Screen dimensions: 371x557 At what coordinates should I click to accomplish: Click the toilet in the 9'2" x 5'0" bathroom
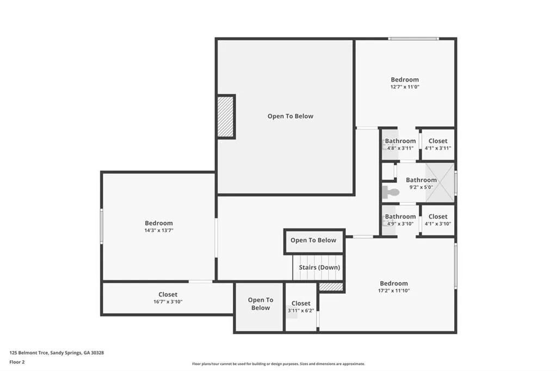[391, 191]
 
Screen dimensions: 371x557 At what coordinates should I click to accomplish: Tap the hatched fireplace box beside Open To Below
[226, 116]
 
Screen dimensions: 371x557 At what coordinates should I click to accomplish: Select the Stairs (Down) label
[319, 267]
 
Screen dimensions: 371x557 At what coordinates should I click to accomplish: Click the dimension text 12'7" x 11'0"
[405, 86]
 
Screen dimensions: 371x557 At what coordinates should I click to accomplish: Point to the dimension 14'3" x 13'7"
[158, 230]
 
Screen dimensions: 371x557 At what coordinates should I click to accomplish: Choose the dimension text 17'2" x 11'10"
[394, 290]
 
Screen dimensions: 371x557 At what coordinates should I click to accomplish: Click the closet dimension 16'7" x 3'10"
[168, 301]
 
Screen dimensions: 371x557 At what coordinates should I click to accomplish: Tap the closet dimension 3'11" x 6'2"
[301, 311]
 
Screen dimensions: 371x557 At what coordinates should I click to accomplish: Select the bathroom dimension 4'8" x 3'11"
[400, 148]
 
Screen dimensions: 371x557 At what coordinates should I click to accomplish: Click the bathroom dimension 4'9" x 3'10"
[400, 224]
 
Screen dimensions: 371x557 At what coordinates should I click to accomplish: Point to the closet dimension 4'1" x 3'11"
[438, 148]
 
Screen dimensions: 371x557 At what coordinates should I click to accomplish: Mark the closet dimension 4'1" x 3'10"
[438, 224]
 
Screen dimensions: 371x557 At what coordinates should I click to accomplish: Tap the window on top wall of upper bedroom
[413, 39]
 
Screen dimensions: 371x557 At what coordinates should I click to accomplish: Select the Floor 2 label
[17, 362]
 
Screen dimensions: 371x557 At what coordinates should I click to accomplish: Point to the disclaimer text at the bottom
[278, 364]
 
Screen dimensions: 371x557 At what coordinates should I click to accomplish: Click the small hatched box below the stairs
[331, 287]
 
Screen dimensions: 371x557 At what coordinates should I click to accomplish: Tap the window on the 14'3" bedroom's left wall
[102, 226]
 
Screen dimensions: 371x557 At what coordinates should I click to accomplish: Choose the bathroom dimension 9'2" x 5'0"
[421, 187]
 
